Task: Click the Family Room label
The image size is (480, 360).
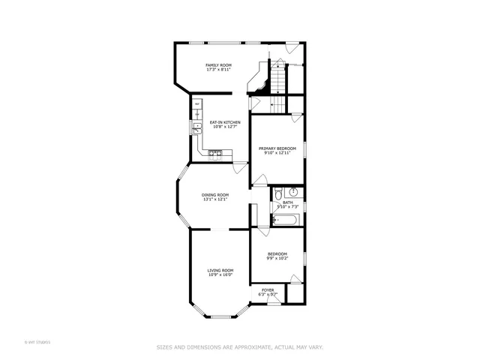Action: point(218,65)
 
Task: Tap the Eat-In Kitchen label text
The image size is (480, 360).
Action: point(224,122)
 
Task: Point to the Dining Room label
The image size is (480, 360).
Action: point(214,195)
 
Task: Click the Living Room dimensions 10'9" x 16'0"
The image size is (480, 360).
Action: point(220,274)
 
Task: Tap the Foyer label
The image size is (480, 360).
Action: point(268,289)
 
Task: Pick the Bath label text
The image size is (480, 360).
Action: point(287,202)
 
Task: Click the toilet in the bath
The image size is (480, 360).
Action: point(276,190)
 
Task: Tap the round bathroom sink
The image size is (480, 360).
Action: point(295,190)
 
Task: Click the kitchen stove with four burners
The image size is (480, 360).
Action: point(215,154)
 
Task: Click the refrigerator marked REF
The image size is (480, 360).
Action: point(198,104)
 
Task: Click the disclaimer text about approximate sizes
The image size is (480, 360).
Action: point(239,346)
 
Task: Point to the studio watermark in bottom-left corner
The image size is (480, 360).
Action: point(37,343)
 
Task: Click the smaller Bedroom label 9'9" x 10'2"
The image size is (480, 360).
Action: point(277,256)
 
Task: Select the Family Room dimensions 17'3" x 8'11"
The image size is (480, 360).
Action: point(218,70)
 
